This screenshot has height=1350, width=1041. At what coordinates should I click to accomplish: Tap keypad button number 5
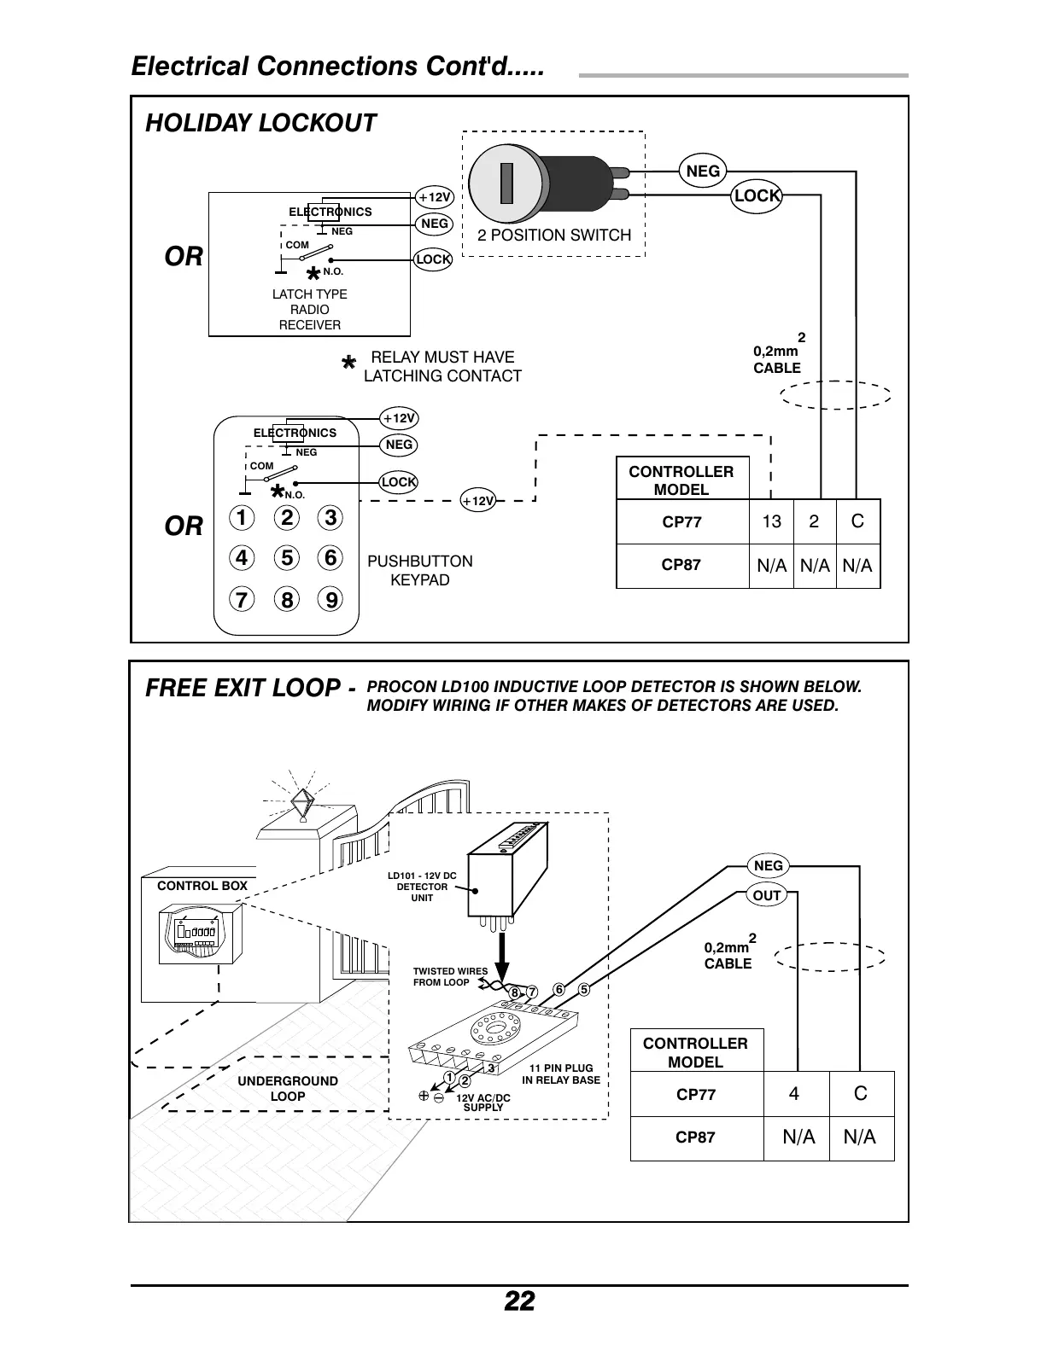[x=287, y=558]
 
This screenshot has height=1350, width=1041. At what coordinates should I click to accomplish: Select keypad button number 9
[x=330, y=600]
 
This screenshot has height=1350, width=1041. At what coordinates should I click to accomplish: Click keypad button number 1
[x=243, y=518]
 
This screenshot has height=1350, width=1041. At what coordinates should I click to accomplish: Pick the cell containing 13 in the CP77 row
[x=771, y=521]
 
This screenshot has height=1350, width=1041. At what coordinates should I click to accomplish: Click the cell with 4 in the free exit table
[x=795, y=1094]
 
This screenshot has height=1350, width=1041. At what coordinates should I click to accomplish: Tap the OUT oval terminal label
[x=767, y=895]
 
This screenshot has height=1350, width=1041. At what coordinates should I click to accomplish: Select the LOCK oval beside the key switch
[x=757, y=195]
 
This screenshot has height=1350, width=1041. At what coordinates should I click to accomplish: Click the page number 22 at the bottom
[x=519, y=1301]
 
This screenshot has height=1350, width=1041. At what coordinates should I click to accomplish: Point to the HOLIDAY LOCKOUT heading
[x=260, y=123]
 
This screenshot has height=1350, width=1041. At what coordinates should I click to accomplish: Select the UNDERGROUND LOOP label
[x=288, y=1088]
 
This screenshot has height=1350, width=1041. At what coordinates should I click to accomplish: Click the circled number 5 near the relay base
[x=584, y=990]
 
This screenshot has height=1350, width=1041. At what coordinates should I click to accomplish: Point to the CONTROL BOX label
[x=202, y=886]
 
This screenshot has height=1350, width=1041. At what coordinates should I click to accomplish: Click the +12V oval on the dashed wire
[x=477, y=501]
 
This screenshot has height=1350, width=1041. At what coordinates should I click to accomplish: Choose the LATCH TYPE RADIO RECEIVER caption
[x=309, y=310]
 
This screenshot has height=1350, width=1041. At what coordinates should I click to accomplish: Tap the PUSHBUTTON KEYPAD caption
[x=419, y=570]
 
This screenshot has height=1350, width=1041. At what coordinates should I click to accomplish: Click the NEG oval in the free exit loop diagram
[x=768, y=866]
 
